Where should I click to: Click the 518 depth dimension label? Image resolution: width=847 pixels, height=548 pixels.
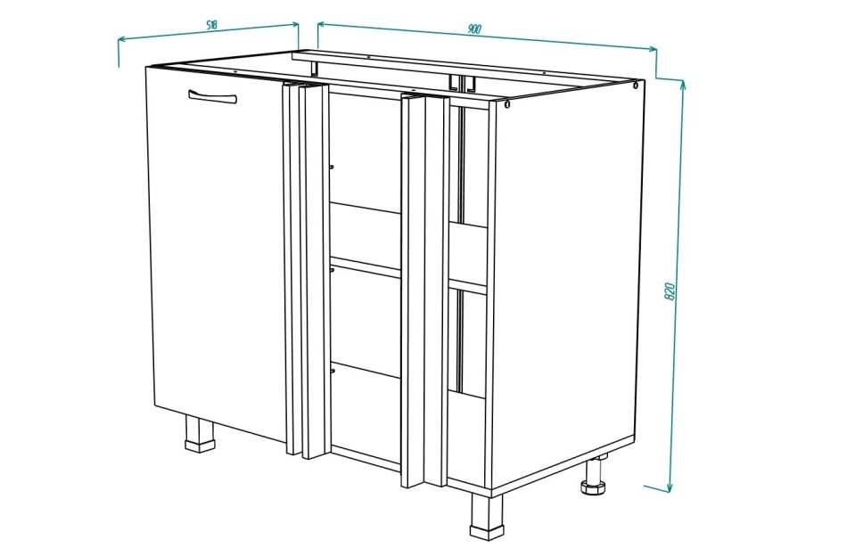pyautogui.click(x=211, y=25)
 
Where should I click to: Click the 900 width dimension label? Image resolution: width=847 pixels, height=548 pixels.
pyautogui.click(x=474, y=29)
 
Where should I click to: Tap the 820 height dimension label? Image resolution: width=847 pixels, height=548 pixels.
pyautogui.click(x=670, y=291)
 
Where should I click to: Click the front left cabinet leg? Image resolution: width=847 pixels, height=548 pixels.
pyautogui.click(x=199, y=434)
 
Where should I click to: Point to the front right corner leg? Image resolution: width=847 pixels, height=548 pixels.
pyautogui.click(x=487, y=517)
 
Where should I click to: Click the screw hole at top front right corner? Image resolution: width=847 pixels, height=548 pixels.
pyautogui.click(x=507, y=104)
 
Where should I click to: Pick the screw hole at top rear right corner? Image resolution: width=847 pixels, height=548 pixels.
pyautogui.click(x=636, y=86)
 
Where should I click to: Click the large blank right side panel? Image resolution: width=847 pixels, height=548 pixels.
pyautogui.click(x=567, y=285)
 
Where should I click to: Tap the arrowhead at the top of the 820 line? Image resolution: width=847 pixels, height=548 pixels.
pyautogui.click(x=684, y=85)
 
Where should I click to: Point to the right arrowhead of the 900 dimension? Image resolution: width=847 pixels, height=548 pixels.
pyautogui.click(x=653, y=49)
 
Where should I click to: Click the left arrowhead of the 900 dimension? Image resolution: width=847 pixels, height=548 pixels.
pyautogui.click(x=321, y=24)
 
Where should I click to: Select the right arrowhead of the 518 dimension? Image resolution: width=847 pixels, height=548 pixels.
pyautogui.click(x=295, y=24)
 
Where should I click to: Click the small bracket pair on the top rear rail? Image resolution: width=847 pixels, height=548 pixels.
pyautogui.click(x=461, y=81)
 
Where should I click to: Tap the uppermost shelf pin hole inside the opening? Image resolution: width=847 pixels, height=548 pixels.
pyautogui.click(x=332, y=167)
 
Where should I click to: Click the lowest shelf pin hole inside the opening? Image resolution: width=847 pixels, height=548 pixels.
pyautogui.click(x=332, y=370)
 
